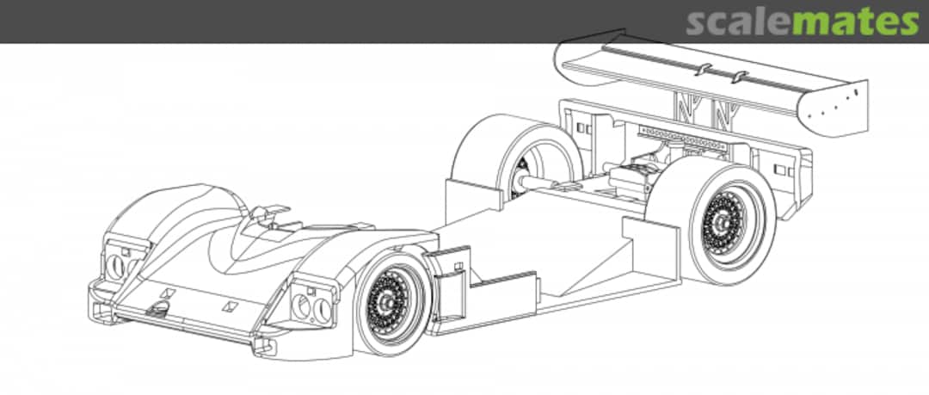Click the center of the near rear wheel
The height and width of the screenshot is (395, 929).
[723, 222]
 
